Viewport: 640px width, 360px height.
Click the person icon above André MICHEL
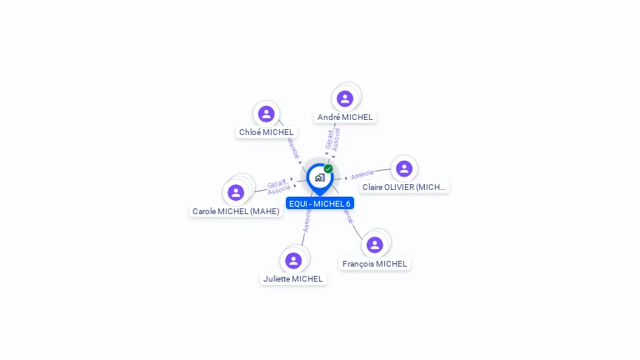[x=345, y=98]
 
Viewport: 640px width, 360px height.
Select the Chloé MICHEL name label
[x=267, y=132]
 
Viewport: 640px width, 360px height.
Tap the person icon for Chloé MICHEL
[x=267, y=114]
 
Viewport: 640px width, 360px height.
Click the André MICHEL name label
[x=345, y=117]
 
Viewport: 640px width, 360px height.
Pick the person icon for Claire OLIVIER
[x=404, y=168]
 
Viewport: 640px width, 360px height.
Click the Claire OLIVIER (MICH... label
[x=405, y=187]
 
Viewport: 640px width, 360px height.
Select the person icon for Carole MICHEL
[x=236, y=192]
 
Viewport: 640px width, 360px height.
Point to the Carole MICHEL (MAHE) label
[x=236, y=212]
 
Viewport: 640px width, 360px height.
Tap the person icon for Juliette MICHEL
[x=293, y=260]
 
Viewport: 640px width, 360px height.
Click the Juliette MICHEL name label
[x=293, y=279]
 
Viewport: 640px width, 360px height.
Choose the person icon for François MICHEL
[x=375, y=245]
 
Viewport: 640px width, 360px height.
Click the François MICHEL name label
[x=375, y=264]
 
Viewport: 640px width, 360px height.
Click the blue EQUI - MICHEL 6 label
[x=320, y=203]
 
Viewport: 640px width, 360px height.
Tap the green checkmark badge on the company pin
[x=328, y=168]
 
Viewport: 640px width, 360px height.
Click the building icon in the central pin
[x=319, y=177]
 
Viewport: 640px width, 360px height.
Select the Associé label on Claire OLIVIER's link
[x=362, y=175]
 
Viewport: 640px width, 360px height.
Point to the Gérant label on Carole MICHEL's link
[x=276, y=183]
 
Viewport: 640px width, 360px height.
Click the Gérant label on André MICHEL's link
[x=329, y=138]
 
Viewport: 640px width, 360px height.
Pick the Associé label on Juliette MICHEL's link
[x=307, y=221]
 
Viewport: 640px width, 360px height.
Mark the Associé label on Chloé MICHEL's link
[x=292, y=148]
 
